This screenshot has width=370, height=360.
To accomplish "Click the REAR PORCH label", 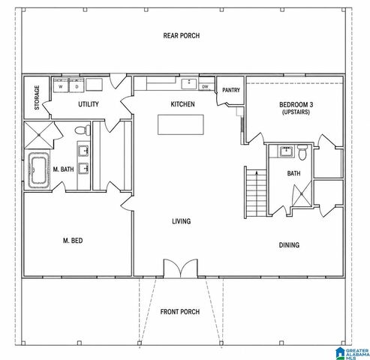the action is [182, 36].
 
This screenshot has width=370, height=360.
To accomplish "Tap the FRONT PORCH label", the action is [180, 312].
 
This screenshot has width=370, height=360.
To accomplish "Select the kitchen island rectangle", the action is [181, 124].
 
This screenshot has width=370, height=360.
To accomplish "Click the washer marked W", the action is [61, 85].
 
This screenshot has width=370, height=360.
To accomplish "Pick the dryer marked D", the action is [77, 85].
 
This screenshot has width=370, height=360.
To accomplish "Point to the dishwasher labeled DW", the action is [206, 87].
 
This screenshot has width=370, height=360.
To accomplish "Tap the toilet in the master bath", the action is [83, 130].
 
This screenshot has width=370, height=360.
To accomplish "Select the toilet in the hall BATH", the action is [302, 152].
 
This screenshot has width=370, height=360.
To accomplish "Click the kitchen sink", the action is [189, 84].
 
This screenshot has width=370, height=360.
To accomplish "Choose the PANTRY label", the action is [231, 90].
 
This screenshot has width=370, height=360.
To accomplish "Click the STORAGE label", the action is [37, 97].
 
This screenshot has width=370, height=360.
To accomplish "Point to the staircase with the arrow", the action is [256, 193].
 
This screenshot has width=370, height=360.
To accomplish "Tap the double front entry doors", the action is [181, 268].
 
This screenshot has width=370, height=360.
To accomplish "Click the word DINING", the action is [289, 244].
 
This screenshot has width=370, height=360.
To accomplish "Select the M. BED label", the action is [73, 241].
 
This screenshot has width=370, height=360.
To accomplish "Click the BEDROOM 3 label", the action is [296, 104].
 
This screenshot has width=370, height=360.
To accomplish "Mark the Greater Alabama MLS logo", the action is [353, 353].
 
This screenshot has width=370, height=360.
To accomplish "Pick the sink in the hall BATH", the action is [286, 151].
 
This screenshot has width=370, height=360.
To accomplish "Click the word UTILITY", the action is [89, 104].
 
